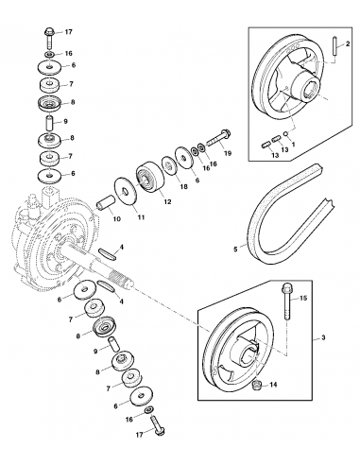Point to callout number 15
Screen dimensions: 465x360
pos(304,298)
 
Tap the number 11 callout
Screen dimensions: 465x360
pos(145,219)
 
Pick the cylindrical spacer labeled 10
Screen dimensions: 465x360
pos(105,202)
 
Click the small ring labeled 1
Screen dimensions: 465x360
pos(288,135)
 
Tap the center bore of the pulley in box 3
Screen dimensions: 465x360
pos(249,360)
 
